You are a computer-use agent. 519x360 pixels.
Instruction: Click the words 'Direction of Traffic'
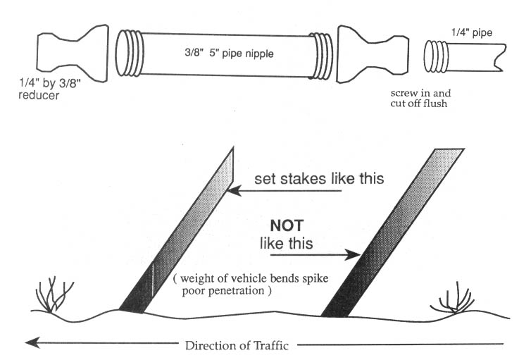coord(239,345)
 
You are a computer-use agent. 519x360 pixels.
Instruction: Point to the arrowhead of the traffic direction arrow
coord(30,344)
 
